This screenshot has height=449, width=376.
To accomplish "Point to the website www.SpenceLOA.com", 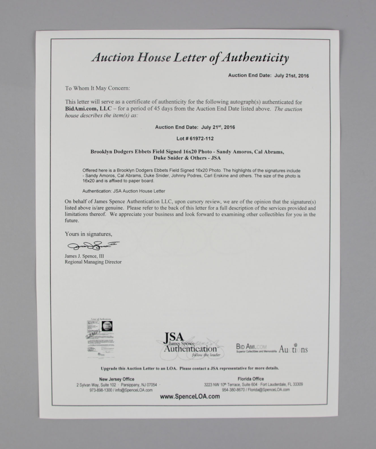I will (x=190, y=396).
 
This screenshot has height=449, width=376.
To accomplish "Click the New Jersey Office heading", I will (x=117, y=379).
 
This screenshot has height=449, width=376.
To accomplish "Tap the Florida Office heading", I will (x=251, y=379).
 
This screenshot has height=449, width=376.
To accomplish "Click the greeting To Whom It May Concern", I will (x=97, y=88).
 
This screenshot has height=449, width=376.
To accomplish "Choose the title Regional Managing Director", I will (x=93, y=262).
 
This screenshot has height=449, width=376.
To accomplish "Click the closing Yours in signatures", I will (x=88, y=234).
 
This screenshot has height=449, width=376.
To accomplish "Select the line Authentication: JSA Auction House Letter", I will (x=124, y=191).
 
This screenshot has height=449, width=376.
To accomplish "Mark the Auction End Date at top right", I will (x=268, y=75).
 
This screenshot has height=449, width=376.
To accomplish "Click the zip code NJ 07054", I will (x=147, y=385).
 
